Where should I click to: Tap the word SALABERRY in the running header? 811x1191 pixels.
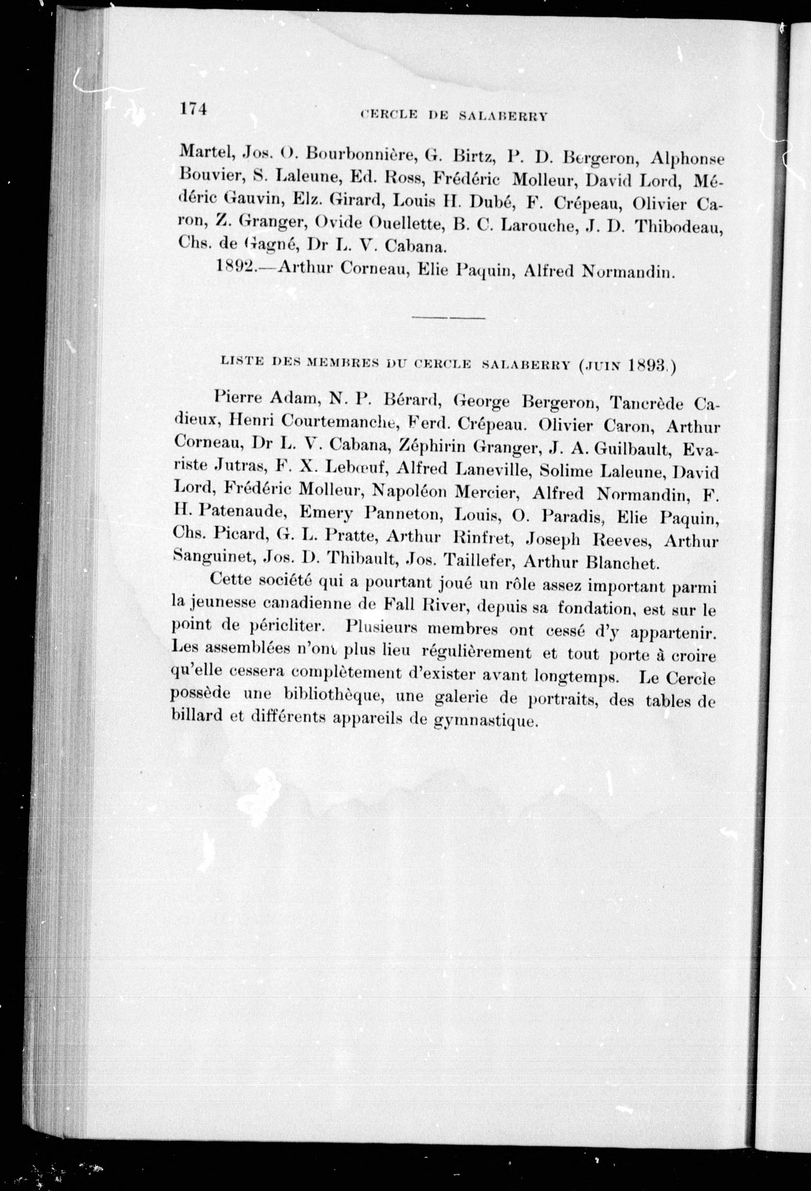[x=503, y=116]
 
